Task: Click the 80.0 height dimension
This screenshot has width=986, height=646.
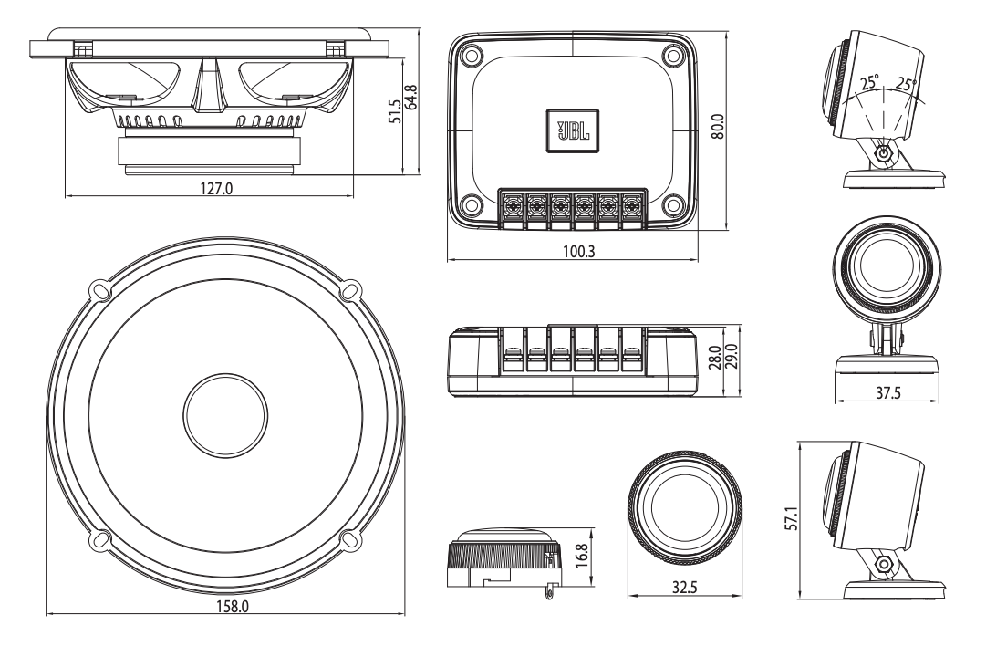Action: click(717, 125)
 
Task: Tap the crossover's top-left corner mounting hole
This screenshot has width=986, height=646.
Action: click(471, 55)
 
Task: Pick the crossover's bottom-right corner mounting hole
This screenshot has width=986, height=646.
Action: click(674, 204)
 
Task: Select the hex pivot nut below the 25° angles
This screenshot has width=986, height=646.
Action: click(882, 154)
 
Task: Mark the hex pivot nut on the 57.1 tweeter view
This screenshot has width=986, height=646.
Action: click(882, 565)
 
